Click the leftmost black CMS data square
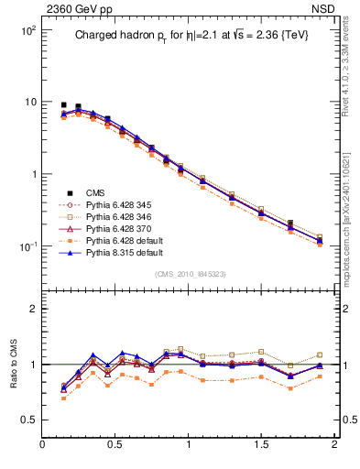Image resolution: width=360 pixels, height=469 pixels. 63,105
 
